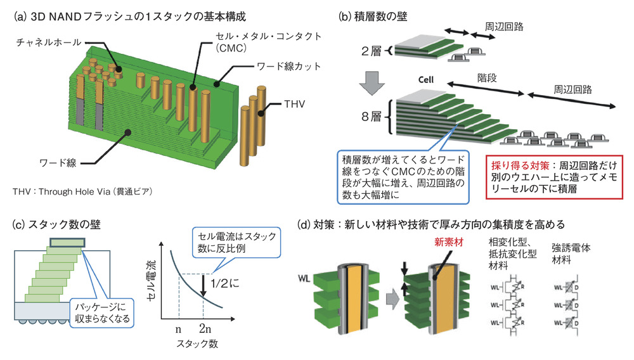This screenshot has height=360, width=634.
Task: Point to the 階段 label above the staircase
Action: [488, 80]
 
